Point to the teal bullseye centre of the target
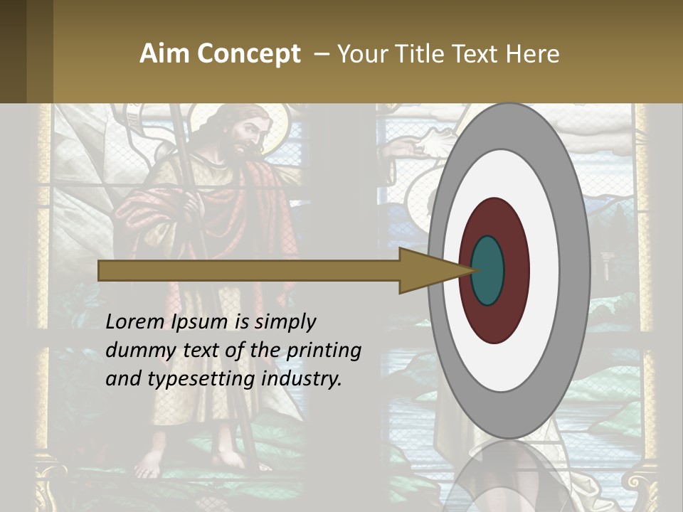pyautogui.click(x=488, y=271)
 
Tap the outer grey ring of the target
pyautogui.click(x=575, y=270)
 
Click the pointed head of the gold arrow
pyautogui.click(x=434, y=271)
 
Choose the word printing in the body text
pyautogui.click(x=324, y=351)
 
